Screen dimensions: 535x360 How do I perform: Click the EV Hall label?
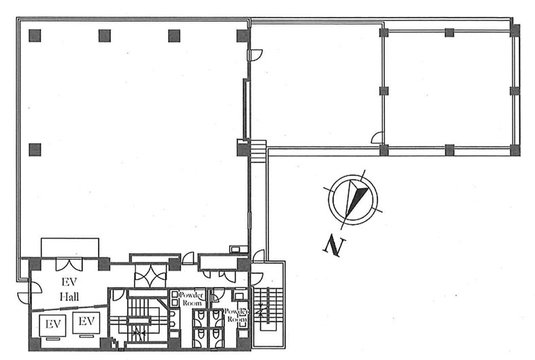tap(69, 289)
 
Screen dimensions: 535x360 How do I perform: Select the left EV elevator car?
tap(53, 325)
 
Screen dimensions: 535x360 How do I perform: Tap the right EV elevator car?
tap(86, 323)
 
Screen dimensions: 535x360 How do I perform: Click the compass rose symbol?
tap(353, 199)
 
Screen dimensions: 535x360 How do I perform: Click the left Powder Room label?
tap(192, 299)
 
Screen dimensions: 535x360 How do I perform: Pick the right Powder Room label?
tap(236, 316)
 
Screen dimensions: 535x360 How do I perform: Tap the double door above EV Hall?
tap(69, 264)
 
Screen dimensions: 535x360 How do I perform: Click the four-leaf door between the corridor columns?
tap(150, 276)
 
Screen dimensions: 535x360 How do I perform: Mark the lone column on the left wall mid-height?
tap(35, 149)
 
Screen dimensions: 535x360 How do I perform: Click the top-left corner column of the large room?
tap(35, 35)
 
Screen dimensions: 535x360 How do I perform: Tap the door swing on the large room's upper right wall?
tap(255, 55)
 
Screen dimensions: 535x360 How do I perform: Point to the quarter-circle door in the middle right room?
tap(377, 137)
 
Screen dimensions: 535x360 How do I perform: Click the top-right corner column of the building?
tap(515, 31)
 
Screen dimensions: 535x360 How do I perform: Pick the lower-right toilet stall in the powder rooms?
tap(216, 337)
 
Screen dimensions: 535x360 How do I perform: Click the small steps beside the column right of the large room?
tap(258, 151)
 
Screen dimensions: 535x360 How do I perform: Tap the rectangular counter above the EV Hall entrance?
tap(70, 247)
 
